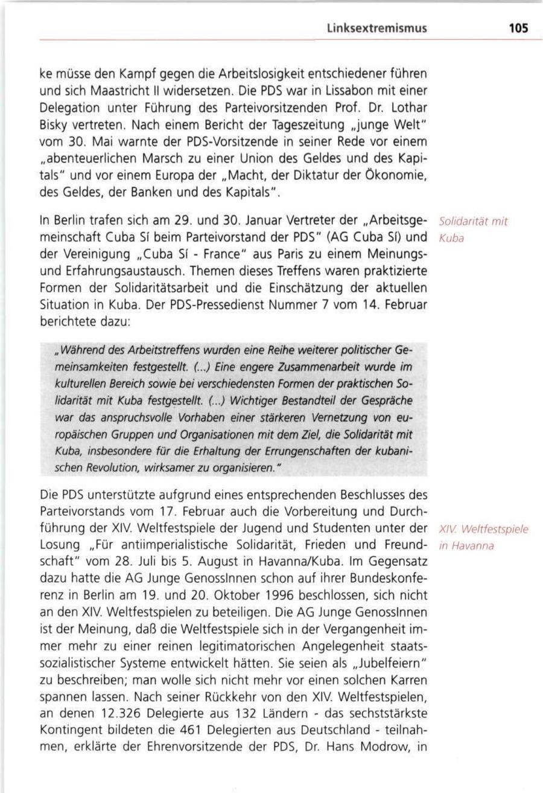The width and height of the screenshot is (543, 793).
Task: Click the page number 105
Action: tap(518, 28)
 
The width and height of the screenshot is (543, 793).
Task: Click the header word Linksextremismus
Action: tap(376, 28)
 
